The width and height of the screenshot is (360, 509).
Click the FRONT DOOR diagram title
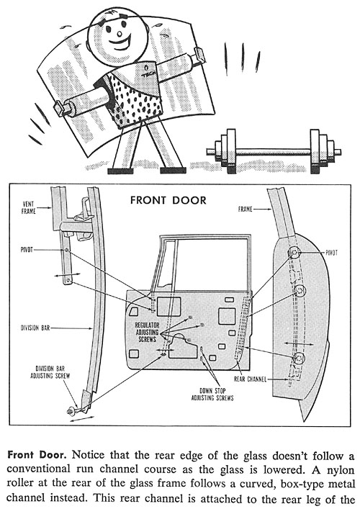coord(168,200)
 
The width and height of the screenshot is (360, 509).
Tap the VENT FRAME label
coord(29,208)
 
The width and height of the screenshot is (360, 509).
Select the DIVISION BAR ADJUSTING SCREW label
coord(50,372)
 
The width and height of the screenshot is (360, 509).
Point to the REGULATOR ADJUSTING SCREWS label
coord(148,332)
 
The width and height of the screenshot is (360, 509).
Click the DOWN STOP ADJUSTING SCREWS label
coord(212,394)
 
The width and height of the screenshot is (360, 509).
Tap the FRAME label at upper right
coord(245,210)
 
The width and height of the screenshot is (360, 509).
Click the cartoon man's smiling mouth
coord(120,43)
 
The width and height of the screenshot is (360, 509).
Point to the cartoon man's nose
coord(120,33)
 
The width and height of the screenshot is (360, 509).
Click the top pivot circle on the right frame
coord(294,253)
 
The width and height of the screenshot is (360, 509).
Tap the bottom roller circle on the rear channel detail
coord(298,358)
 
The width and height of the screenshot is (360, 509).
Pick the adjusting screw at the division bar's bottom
coord(70,411)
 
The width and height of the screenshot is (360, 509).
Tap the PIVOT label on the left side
coord(27,250)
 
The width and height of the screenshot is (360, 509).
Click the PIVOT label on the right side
coord(331,253)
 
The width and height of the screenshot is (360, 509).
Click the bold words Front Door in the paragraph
coord(37,454)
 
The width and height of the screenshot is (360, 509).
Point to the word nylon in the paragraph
coord(340,469)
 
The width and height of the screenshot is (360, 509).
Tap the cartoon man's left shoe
coord(120,171)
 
